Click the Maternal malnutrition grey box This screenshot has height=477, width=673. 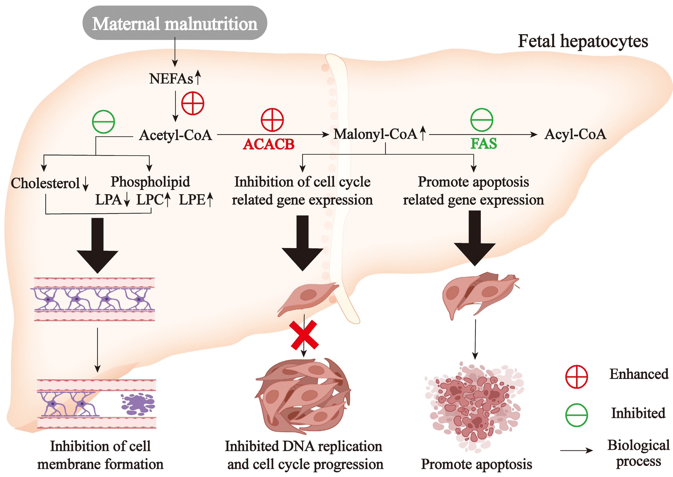click(175, 23)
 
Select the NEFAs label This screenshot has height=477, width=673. click(171, 79)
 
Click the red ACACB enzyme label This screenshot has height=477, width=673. click(268, 144)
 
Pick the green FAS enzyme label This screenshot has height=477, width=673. click(484, 144)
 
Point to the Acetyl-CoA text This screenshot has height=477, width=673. click(175, 135)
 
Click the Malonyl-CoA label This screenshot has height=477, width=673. click(375, 134)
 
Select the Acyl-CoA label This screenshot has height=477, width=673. click(575, 134)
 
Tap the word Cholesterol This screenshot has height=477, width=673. click(45, 183)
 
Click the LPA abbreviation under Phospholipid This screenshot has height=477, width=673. click(108, 200)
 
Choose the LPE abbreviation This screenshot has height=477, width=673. click(192, 200)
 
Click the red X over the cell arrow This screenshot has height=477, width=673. click(304, 335)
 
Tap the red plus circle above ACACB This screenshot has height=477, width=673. click(272, 120)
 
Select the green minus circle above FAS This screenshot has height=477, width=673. click(482, 120)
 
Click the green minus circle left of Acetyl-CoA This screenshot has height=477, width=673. click(103, 122)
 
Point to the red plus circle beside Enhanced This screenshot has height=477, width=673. click(576, 377)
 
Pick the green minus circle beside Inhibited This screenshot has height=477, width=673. click(576, 415)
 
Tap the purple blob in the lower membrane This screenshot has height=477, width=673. click(138, 404)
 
